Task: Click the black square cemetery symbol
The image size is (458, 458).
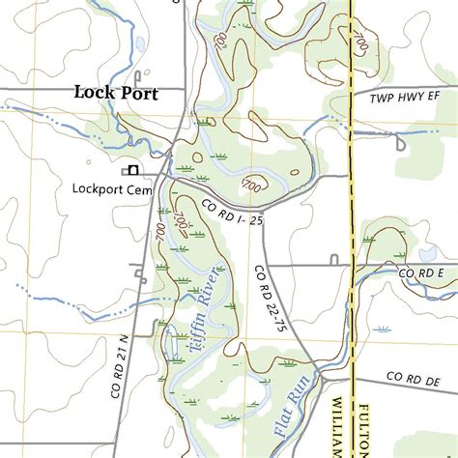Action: [x=132, y=171]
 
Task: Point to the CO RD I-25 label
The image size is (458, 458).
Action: [x=232, y=214]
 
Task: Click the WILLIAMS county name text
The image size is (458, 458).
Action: [x=339, y=425]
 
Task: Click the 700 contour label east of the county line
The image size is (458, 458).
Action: [x=360, y=43]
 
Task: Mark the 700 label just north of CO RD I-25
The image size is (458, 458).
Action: [x=252, y=184]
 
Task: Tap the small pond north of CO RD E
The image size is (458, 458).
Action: [x=424, y=254]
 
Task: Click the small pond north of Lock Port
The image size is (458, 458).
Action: [x=141, y=43]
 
